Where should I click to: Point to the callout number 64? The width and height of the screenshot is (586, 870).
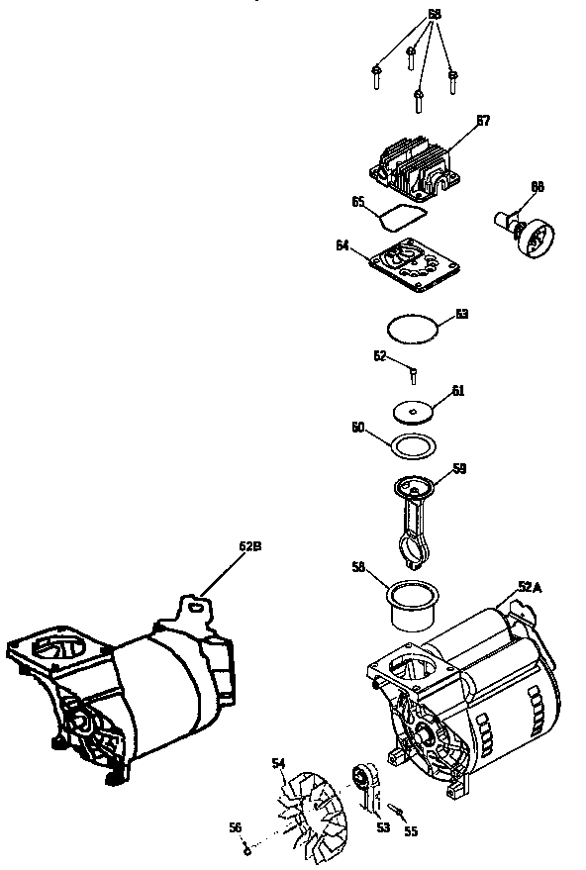pos(342,244)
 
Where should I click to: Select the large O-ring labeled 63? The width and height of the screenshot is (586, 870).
pos(412,328)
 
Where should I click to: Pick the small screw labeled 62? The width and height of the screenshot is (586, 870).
pos(413,373)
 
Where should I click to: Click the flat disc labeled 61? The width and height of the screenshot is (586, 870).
pos(415,409)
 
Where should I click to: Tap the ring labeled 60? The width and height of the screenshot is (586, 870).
pos(411,444)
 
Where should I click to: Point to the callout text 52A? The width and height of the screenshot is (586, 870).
pos(530,586)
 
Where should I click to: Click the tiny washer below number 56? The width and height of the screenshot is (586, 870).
pos(245,847)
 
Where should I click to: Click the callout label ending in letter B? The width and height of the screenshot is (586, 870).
pos(250,544)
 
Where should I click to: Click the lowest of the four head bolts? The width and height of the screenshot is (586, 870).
pos(420,98)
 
